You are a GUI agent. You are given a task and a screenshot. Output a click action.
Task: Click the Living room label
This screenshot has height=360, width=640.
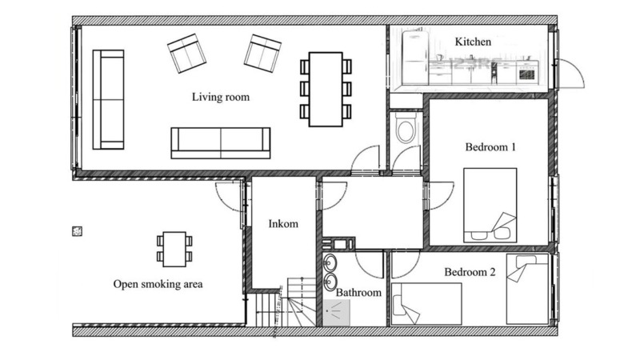(221, 97)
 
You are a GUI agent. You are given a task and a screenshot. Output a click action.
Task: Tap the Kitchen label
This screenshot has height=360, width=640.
(473, 42)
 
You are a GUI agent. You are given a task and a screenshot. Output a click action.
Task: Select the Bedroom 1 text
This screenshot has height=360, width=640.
(490, 147)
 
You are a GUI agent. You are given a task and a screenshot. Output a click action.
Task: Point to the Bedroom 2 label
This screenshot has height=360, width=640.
(470, 272)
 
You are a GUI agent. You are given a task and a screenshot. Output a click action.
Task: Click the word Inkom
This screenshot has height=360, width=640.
(283, 224)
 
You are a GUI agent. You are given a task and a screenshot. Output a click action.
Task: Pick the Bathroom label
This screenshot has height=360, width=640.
(358, 292)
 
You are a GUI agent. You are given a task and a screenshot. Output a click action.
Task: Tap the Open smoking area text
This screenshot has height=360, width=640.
(158, 284)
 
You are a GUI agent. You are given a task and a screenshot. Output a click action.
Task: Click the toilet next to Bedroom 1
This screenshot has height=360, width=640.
(406, 127)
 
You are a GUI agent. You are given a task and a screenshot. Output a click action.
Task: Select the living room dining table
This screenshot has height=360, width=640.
(326, 89)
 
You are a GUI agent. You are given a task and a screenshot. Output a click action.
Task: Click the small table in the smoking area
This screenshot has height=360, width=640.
(174, 249)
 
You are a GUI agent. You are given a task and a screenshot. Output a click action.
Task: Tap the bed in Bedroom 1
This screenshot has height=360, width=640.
(490, 206)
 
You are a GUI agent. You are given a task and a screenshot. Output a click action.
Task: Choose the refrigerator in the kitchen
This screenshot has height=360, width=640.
(415, 58)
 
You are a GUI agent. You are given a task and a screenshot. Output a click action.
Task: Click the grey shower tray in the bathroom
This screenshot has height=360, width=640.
(336, 313)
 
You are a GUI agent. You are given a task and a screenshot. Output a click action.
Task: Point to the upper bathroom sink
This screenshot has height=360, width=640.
(330, 263)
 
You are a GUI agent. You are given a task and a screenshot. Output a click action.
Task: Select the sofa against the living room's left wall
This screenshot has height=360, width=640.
(108, 99)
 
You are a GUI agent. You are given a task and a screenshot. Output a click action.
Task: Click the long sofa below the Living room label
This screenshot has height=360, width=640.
(221, 143)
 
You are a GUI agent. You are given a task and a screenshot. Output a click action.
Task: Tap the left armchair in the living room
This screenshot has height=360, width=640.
(186, 53)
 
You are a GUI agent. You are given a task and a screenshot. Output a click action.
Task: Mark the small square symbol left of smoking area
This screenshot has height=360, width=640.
(77, 231)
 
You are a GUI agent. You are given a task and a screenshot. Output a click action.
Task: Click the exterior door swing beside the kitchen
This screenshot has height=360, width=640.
(570, 74)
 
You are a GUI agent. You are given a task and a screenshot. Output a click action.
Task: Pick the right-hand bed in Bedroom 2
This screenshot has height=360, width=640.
(527, 289)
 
